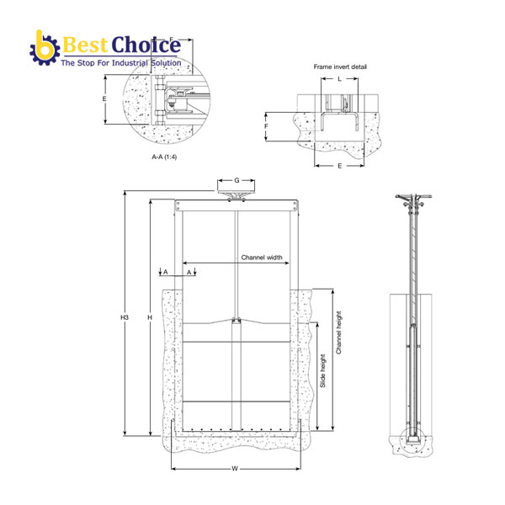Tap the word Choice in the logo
click(148, 44)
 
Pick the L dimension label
click(339, 78)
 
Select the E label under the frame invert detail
click(339, 166)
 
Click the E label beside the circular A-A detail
click(104, 98)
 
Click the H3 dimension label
click(124, 317)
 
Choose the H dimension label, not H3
click(149, 317)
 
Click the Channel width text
click(262, 258)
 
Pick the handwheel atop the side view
click(411, 200)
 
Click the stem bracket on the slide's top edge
click(237, 320)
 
